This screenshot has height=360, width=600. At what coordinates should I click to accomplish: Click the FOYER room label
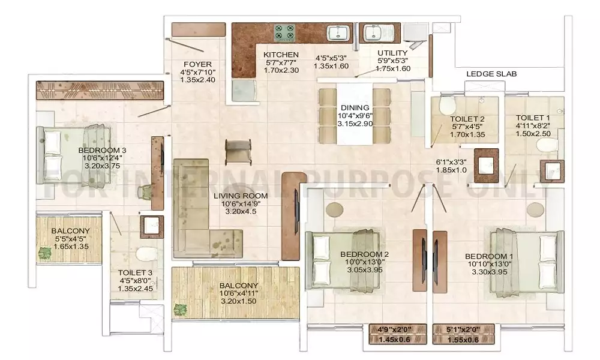pos(197,64)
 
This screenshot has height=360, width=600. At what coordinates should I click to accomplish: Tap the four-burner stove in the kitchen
pos(284,33)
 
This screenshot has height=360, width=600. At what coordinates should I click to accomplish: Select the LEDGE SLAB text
pos(491,74)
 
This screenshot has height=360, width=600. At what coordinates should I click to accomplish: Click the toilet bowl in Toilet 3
pos(146,254)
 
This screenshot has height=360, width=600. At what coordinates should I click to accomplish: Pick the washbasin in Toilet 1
pos(552,171)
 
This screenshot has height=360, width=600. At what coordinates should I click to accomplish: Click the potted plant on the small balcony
pos(45,253)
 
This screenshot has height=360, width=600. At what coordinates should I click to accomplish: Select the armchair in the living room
pos(238,150)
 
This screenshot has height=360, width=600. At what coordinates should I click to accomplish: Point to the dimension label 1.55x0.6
pos(464,340)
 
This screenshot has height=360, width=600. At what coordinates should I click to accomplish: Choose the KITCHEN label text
pos(281,55)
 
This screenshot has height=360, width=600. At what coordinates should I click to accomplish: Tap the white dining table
pos(355,113)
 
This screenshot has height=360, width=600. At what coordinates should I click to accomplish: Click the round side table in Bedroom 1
pos(535,209)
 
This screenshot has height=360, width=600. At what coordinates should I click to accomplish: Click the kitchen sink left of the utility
pos(339,33)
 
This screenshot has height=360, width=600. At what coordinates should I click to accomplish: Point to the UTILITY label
pos(392,53)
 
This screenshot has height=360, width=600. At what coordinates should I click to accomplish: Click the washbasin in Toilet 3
pos(152,227)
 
